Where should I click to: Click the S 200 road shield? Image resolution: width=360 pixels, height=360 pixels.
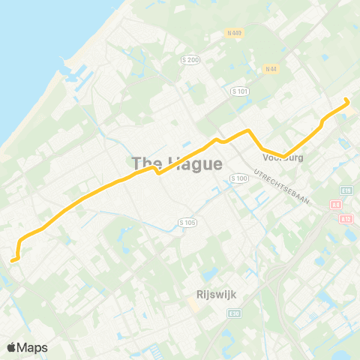[191, 59]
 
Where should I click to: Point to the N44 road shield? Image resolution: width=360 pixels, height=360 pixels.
[271, 69]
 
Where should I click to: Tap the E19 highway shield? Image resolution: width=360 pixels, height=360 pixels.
[346, 190]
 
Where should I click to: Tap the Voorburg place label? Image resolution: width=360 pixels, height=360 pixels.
[282, 157]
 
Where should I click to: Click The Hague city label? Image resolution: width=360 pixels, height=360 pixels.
[177, 163]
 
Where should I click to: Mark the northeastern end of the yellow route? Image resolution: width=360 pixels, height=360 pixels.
[346, 100]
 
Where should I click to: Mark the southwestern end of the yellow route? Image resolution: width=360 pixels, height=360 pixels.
[13, 260]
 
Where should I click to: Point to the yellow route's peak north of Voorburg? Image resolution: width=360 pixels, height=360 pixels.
[247, 131]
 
